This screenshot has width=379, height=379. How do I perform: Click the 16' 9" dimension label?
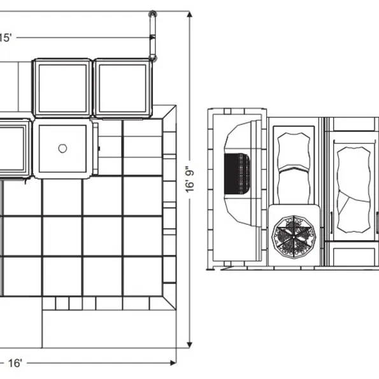pos(190,179)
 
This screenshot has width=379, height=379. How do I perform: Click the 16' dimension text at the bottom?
pos(15,363)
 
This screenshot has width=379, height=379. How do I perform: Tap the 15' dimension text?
pos(5,38)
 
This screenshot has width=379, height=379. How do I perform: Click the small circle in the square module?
pos(62,148)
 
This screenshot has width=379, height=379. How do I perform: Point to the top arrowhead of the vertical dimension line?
pos(190,14)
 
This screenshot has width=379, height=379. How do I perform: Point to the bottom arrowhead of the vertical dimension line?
pos(190,345)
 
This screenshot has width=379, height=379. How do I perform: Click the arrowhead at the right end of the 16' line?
pos(173,362)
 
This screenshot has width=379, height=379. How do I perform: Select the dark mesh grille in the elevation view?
pos(237,173)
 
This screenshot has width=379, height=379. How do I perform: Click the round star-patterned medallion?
pos(294,237)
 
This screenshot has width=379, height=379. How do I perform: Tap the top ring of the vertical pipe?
pos(152,14)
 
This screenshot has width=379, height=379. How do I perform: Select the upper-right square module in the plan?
pos(123,89)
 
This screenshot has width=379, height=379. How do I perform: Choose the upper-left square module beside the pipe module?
pos(62,89)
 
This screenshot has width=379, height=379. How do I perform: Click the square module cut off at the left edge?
pos(15,148)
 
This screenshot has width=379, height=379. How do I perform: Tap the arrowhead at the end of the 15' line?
pos(152,38)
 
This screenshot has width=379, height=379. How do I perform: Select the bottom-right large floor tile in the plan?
pos(143,276)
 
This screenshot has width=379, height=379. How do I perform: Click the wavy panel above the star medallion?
pos(294,168)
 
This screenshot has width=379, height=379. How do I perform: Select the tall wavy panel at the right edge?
pos(354,190)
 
